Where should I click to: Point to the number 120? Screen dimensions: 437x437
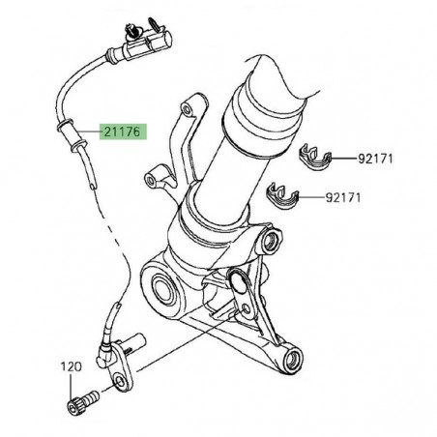click(73, 367)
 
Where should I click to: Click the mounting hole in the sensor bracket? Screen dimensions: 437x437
click(120, 384)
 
